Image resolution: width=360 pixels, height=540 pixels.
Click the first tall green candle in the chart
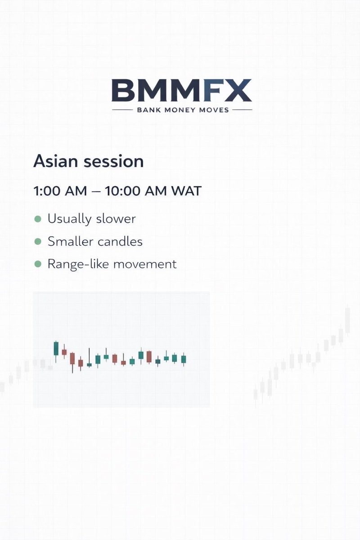56,349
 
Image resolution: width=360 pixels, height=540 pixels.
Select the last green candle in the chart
183,359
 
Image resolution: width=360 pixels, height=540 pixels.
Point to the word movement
145,264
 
